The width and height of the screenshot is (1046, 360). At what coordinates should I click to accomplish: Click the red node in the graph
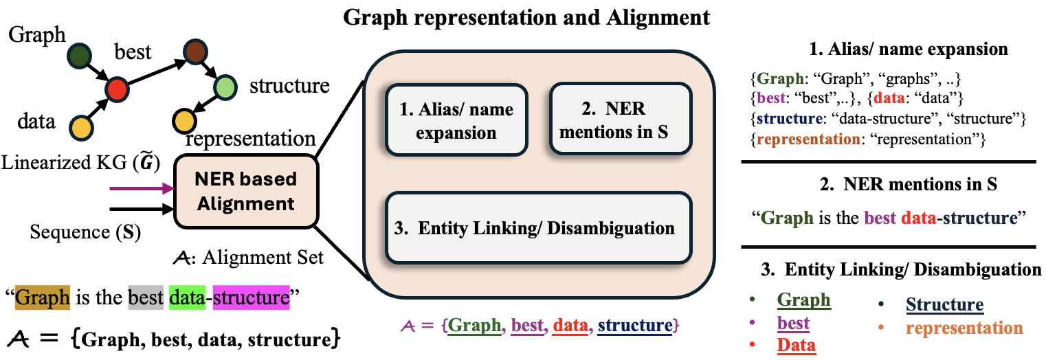click(x=117, y=89)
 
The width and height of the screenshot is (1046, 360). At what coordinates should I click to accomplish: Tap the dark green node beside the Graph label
click(x=80, y=56)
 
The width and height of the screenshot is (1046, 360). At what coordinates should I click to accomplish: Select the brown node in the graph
click(x=195, y=52)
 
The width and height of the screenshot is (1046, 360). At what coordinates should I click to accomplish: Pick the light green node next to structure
click(x=225, y=87)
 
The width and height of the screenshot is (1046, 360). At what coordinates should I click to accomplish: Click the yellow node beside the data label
click(x=81, y=128)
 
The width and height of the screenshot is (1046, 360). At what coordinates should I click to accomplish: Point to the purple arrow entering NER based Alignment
click(x=142, y=189)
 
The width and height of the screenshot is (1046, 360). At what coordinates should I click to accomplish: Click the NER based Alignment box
click(x=246, y=192)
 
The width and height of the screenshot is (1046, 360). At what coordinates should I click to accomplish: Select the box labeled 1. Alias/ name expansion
click(x=456, y=120)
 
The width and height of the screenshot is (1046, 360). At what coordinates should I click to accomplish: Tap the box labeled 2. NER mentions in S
click(x=621, y=119)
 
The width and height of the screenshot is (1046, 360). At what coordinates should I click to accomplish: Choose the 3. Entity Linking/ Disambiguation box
click(x=538, y=228)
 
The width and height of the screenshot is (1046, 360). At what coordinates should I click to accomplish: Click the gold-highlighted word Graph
click(x=43, y=297)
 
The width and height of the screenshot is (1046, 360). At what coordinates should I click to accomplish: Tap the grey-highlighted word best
click(x=146, y=297)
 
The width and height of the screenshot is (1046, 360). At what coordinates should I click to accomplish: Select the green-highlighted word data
click(x=187, y=297)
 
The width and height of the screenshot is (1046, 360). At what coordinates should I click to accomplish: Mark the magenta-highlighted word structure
click(x=252, y=297)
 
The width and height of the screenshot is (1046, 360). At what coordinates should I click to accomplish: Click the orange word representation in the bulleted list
click(x=964, y=328)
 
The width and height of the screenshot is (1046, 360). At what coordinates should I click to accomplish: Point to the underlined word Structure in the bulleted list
click(x=945, y=304)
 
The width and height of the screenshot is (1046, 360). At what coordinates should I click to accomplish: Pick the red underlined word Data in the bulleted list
click(x=796, y=346)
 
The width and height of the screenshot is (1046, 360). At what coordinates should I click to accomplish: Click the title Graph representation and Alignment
click(x=526, y=18)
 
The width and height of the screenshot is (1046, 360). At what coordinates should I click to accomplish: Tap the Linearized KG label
click(x=81, y=163)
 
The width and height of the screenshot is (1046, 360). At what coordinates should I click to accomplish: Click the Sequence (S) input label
click(x=85, y=232)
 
